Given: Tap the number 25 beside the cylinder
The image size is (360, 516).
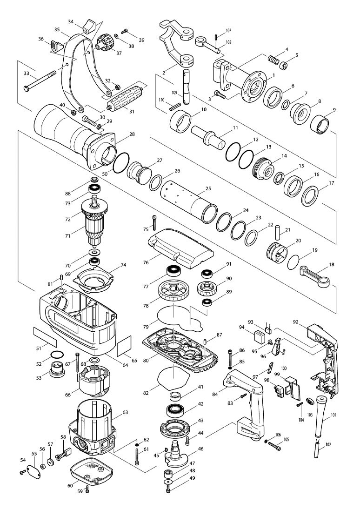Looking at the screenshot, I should pyautogui.click(x=208, y=189).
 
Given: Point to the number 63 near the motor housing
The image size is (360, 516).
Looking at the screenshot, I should pyautogui.click(x=125, y=412).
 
